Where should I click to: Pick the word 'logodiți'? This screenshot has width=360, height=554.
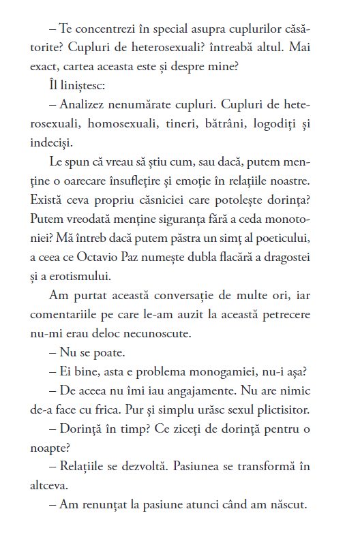coord(275,125)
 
